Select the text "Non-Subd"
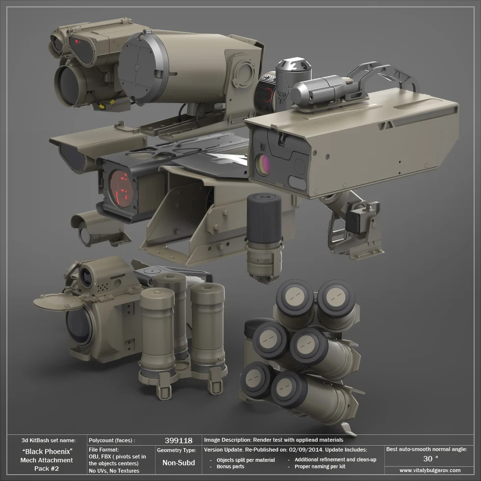point(179,463)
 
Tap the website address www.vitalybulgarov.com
point(430,470)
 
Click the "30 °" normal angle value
point(430,458)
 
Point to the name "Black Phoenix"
point(48,451)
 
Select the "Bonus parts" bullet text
point(230,467)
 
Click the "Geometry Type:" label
point(177,450)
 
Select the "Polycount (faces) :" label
point(112,441)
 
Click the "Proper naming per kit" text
point(320,467)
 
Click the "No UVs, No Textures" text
point(114,471)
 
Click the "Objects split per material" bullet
point(245,460)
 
